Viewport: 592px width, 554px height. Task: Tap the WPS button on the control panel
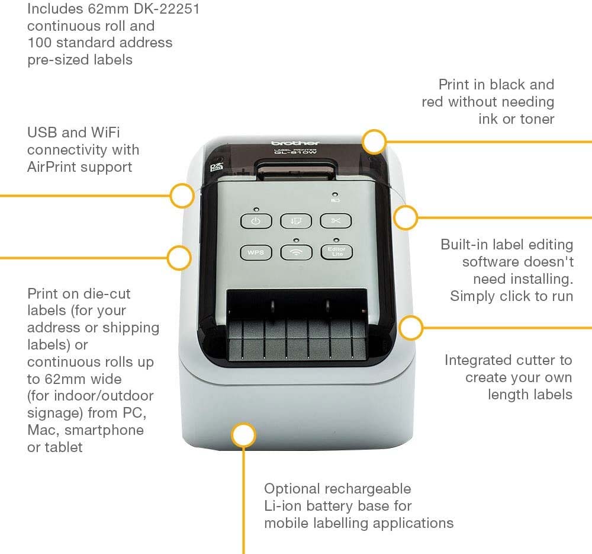pos(256,252)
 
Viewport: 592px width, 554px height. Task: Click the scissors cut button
pos(336,221)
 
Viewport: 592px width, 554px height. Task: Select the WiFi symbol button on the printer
pos(296,252)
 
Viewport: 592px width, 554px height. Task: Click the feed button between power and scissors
pos(296,221)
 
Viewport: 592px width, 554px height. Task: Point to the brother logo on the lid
pos(295,143)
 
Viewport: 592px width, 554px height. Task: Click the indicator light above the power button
pos(256,209)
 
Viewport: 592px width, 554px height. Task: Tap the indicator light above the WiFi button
pos(296,240)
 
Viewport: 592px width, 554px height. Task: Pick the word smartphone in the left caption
pos(104,430)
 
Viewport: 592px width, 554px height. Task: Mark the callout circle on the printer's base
pos(243,435)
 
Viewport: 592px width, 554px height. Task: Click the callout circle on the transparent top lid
pos(374,142)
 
